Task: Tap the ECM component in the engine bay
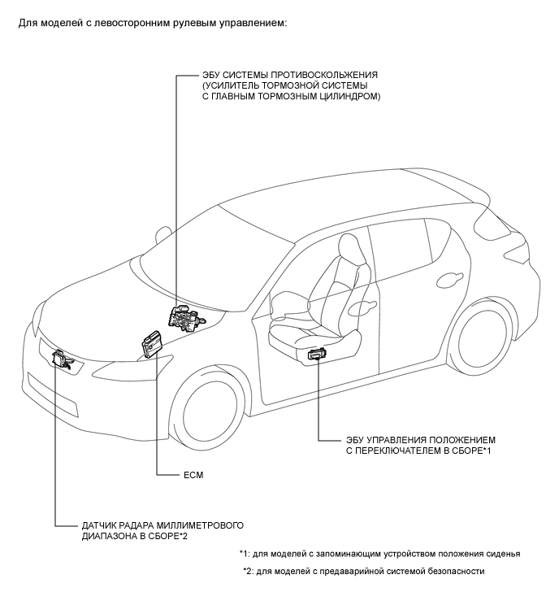152,342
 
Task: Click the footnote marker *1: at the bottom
245,553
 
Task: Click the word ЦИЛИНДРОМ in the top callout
350,97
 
